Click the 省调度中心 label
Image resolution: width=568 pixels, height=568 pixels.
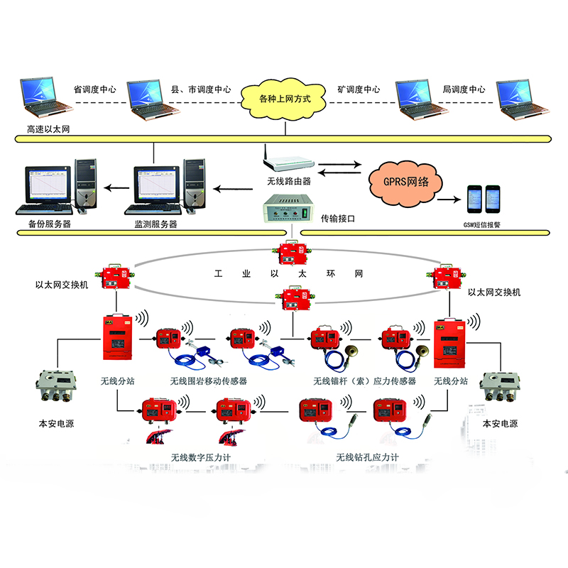click(x=95, y=90)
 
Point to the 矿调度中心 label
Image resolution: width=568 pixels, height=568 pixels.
click(x=359, y=90)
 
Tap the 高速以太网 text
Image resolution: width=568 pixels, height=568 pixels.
click(x=48, y=130)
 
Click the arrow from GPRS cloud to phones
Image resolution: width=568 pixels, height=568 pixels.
click(x=447, y=201)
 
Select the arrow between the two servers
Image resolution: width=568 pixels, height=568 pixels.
click(x=114, y=188)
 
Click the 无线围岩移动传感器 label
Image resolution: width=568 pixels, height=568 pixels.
click(x=209, y=381)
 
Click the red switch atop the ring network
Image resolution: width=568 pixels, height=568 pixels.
click(x=291, y=253)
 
